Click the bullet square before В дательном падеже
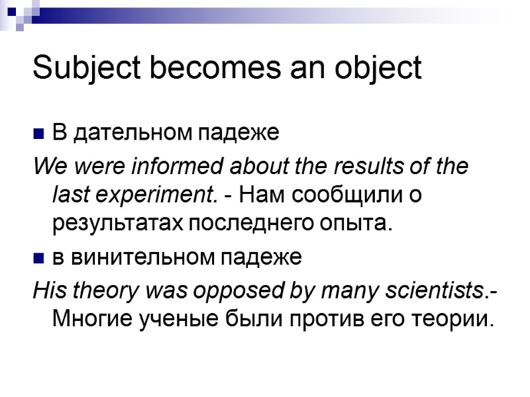[x=38, y=134]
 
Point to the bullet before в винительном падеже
[x=38, y=258]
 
